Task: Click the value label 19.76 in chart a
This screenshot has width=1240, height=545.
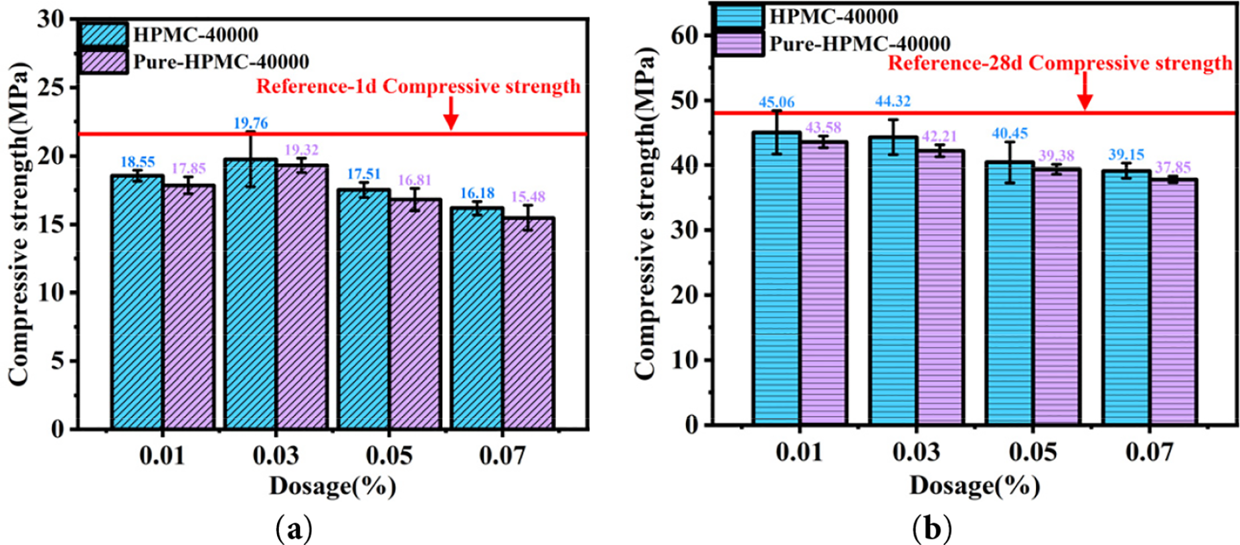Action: click(250, 123)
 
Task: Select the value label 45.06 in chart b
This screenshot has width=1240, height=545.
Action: click(776, 102)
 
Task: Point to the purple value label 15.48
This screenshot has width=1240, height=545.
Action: click(528, 197)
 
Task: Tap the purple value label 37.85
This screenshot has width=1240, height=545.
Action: click(1173, 168)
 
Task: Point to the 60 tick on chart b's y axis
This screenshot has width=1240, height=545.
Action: click(687, 35)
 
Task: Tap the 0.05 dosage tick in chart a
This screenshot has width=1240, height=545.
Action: click(389, 455)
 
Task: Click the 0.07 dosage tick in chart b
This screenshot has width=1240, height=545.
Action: click(1149, 453)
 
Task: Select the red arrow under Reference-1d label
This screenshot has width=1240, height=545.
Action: click(451, 114)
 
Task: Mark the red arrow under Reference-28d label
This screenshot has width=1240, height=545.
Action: click(1085, 92)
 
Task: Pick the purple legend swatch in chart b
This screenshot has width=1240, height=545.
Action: click(739, 44)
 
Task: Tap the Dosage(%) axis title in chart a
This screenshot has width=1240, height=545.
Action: click(332, 486)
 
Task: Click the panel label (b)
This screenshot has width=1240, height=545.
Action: click(932, 529)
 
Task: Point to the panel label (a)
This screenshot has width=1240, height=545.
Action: click(293, 530)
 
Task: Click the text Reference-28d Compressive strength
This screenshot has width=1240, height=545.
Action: click(1060, 64)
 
